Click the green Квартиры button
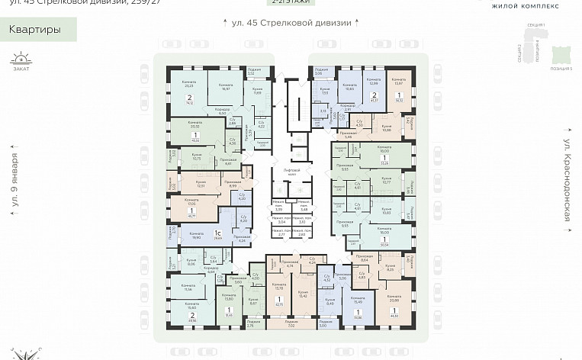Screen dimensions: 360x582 tap(33, 31)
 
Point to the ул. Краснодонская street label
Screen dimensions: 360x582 tap(567, 180)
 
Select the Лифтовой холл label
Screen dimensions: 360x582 tap(291, 172)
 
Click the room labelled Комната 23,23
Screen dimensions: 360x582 tap(178, 83)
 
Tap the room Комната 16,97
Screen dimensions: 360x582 tap(225, 87)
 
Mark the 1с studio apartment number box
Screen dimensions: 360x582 tap(217, 236)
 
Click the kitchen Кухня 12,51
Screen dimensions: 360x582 tap(201, 184)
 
